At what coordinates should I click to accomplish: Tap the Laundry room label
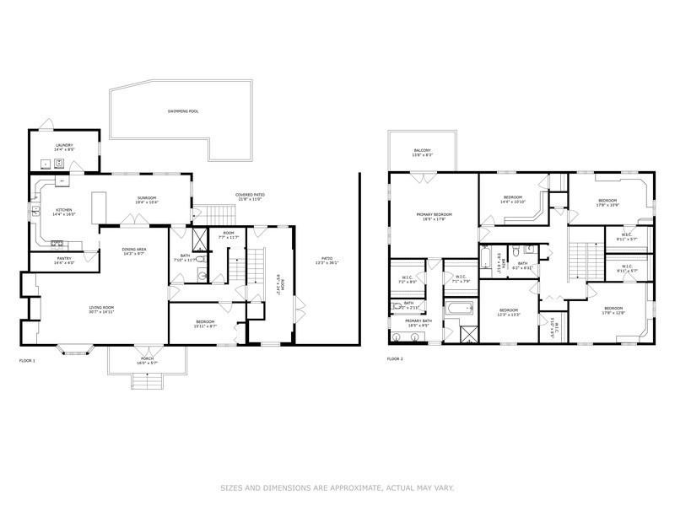[64, 145]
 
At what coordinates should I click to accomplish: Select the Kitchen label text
[64, 210]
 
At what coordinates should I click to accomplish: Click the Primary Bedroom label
[435, 214]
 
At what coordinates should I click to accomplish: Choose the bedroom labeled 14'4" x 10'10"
[513, 201]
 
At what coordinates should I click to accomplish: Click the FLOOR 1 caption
[27, 360]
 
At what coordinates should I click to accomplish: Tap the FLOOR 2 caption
[395, 360]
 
